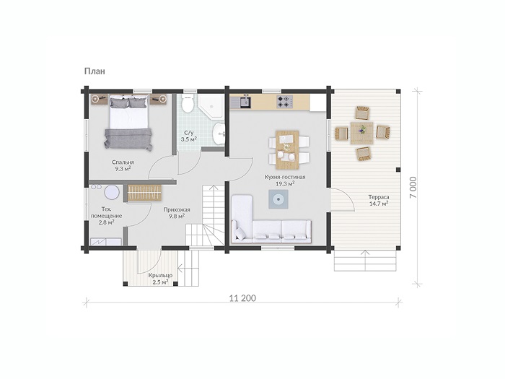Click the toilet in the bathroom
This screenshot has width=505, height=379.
[187, 103]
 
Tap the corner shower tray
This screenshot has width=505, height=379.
[211, 105]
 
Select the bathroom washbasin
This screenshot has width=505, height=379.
[219, 134]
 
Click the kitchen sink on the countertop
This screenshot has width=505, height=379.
[245, 102]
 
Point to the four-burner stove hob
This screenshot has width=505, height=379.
[285, 102]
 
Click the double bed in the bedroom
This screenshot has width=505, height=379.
[128, 122]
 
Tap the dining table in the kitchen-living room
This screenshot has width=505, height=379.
[287, 149]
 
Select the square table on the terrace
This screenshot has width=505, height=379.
[362, 133]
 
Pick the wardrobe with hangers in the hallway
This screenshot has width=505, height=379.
[144, 193]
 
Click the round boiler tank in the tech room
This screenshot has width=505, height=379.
[112, 193]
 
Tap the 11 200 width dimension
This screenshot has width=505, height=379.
[242, 298]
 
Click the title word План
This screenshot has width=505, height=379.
[95, 71]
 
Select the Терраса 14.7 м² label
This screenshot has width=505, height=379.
[379, 200]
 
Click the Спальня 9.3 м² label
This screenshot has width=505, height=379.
[123, 165]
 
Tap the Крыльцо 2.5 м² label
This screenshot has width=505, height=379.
[160, 279]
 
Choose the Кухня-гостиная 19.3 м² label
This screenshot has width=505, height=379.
[285, 180]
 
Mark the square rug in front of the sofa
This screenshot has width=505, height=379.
[278, 199]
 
